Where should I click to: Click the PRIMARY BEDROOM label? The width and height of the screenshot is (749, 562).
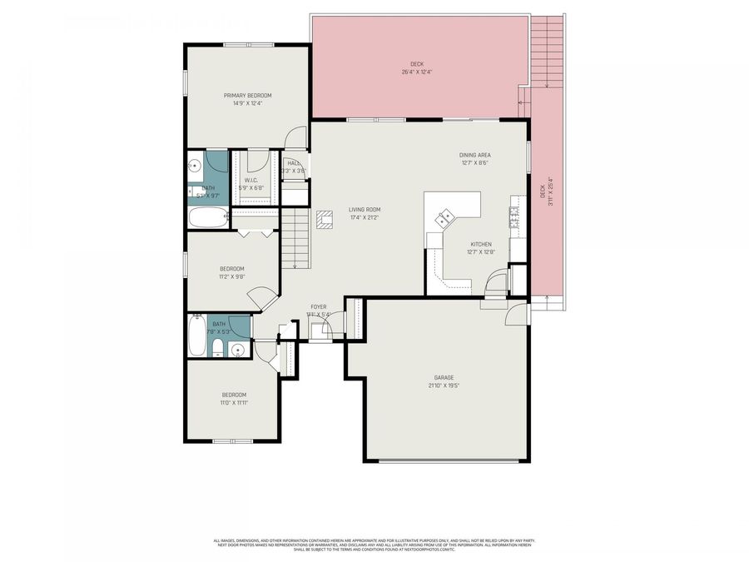[247, 96]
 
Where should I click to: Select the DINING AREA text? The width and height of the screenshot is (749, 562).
[474, 155]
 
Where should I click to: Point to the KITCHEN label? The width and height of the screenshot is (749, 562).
[479, 244]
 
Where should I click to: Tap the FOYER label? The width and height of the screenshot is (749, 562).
[319, 307]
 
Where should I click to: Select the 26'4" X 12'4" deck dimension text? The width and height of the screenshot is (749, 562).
[416, 72]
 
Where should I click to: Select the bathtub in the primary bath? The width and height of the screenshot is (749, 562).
[207, 219]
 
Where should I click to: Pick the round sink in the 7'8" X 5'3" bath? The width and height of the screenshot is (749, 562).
[238, 350]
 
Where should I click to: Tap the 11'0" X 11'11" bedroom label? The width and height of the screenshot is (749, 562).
[234, 399]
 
